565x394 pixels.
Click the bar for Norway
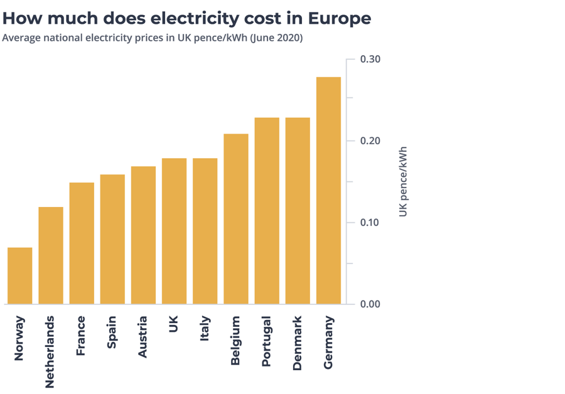19,276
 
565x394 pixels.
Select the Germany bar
329,191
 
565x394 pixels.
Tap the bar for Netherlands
51,255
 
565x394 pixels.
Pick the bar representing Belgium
236,219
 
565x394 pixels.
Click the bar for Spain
112,239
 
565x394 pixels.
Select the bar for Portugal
267,211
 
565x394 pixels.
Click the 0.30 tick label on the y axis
370,59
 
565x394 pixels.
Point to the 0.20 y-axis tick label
370,141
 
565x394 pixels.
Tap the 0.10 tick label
370,223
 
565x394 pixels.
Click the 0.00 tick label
370,304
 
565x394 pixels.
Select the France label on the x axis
81,336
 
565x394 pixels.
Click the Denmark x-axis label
298,343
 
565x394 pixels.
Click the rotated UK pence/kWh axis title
403,182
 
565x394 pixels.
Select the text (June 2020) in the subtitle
276,38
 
